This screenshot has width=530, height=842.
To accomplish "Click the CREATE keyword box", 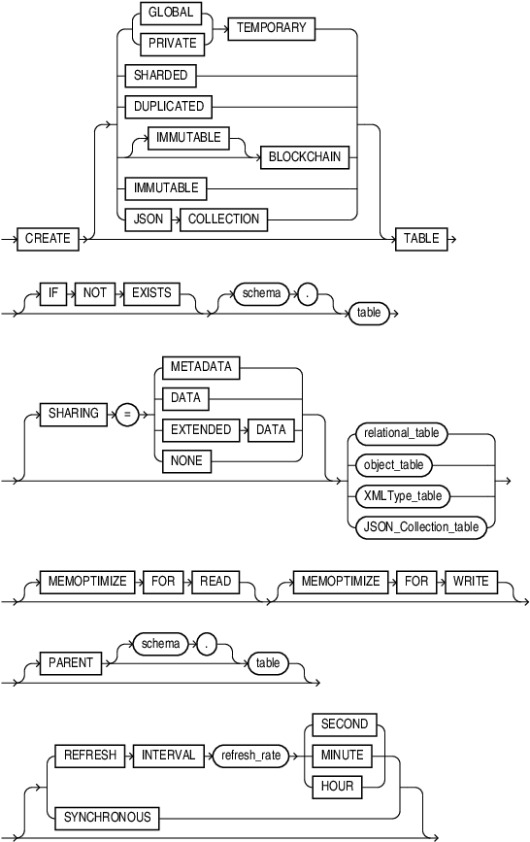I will pyautogui.click(x=48, y=238).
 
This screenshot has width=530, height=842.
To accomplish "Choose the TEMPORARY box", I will pyautogui.click(x=272, y=29).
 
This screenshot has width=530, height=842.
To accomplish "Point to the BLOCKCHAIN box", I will pyautogui.click(x=305, y=155).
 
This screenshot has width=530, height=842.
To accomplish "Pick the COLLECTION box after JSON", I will pyautogui.click(x=223, y=219).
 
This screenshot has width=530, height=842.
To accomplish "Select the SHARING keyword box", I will pyautogui.click(x=74, y=414).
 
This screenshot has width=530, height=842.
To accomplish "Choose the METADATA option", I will pyautogui.click(x=201, y=367).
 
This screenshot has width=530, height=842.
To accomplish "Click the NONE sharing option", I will pyautogui.click(x=186, y=460).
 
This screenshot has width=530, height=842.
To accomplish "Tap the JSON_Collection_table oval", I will pyautogui.click(x=419, y=527).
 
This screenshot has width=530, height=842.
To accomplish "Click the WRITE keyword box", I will pyautogui.click(x=471, y=581).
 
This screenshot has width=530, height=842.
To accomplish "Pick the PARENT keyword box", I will pyautogui.click(x=71, y=663).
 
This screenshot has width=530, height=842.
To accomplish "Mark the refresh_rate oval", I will pyautogui.click(x=250, y=755).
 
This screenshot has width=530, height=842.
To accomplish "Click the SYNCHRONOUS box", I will pyautogui.click(x=108, y=817).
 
